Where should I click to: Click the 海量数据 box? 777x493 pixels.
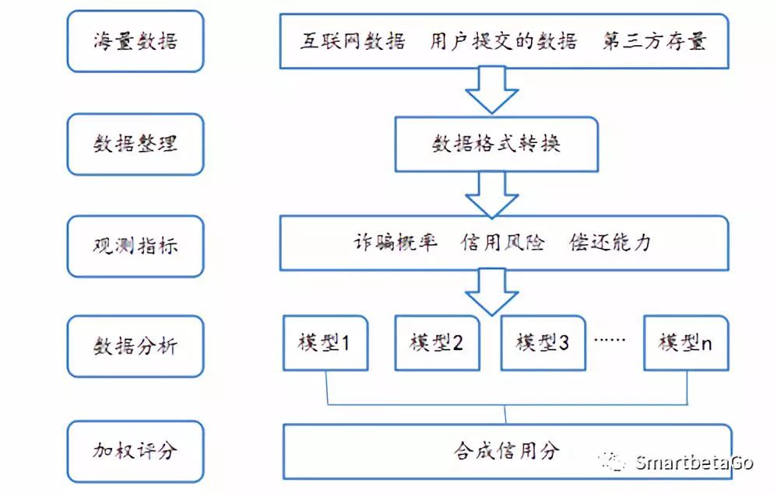pyautogui.click(x=135, y=41)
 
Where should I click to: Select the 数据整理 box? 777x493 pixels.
pyautogui.click(x=135, y=144)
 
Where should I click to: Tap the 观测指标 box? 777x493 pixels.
pyautogui.click(x=135, y=245)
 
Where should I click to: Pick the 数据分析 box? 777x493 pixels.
pyautogui.click(x=135, y=344)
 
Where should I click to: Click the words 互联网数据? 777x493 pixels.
pyautogui.click(x=353, y=41)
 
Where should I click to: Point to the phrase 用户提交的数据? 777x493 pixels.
pyautogui.click(x=503, y=41)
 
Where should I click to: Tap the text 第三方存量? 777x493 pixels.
pyautogui.click(x=654, y=41)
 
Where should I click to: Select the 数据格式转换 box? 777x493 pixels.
pyautogui.click(x=496, y=144)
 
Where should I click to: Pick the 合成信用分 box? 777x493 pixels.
pyautogui.click(x=507, y=450)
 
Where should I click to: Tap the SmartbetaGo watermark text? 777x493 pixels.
pyautogui.click(x=692, y=463)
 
